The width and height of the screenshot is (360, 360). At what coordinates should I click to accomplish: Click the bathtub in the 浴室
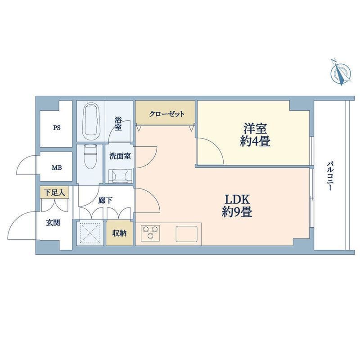[92, 121]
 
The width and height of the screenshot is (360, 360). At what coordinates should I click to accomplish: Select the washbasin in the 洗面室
[119, 176]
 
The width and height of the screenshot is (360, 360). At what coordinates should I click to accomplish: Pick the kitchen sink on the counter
[187, 234]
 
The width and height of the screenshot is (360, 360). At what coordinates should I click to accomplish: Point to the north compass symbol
[341, 73]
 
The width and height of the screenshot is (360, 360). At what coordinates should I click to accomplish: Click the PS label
[57, 128]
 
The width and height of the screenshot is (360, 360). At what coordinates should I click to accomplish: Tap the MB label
[57, 168]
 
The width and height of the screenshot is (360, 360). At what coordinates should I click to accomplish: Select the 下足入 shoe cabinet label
[54, 193]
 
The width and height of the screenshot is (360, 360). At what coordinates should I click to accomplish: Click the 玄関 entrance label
[53, 223]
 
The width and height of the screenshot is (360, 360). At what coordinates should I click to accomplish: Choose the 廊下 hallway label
[105, 200]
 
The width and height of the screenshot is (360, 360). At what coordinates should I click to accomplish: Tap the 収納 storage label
[119, 233]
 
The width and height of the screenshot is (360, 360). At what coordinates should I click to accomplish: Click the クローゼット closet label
[166, 114]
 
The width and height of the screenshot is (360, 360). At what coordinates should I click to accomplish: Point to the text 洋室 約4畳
[255, 135]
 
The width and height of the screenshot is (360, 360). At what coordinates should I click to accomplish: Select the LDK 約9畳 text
[237, 206]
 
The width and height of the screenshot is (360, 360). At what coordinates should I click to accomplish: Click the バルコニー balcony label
[330, 176]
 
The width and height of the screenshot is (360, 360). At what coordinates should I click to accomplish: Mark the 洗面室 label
[120, 156]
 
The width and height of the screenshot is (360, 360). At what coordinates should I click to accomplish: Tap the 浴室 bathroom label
[118, 124]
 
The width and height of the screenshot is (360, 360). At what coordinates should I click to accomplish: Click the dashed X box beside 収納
[90, 233]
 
